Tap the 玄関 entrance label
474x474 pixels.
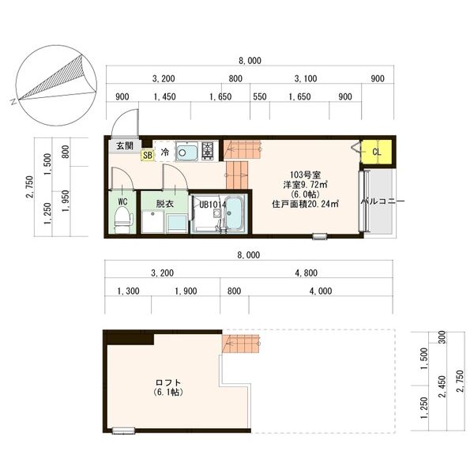(125, 145)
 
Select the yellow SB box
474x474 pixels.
(148, 155)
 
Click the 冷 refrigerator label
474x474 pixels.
(165, 151)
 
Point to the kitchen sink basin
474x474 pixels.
(187, 150)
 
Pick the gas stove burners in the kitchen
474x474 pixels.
(209, 150)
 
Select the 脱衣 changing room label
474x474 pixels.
(164, 203)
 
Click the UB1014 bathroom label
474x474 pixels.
(213, 204)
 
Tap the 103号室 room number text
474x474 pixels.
(305, 174)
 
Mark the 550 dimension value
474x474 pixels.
(259, 96)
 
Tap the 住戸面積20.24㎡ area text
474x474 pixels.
(305, 204)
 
